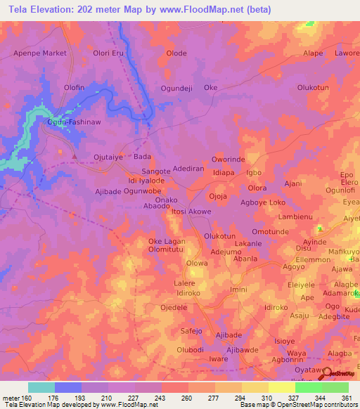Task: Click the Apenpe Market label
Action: pyautogui.click(x=40, y=53)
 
